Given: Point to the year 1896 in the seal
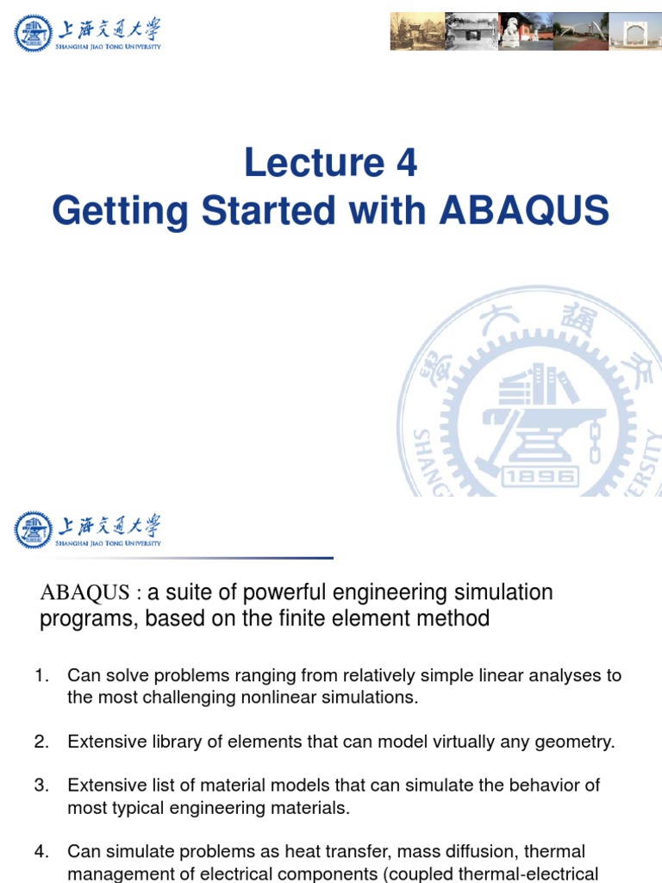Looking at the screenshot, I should [540, 476].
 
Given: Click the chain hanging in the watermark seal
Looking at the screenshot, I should [594, 440].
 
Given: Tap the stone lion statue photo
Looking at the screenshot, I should [512, 31].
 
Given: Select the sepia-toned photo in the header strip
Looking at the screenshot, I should [410, 31].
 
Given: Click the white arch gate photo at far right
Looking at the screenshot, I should [635, 31].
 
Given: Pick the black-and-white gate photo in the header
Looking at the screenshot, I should [462, 31].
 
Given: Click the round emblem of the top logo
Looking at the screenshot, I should [33, 33].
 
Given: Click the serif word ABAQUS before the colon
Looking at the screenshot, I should [84, 593].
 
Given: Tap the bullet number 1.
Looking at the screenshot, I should [41, 676].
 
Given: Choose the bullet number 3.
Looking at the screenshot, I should [41, 786].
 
